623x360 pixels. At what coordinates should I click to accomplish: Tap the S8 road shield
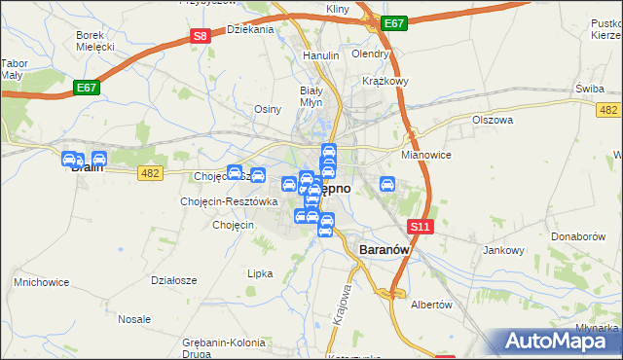pos(200,36)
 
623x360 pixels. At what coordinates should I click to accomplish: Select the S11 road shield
pos(420,226)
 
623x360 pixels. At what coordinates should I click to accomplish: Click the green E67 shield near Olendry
pos(394,22)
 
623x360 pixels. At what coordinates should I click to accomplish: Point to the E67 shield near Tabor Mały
pos(87,88)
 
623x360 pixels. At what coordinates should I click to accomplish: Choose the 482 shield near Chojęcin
pos(150,172)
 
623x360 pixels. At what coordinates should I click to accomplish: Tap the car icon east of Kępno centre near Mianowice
pos(387,183)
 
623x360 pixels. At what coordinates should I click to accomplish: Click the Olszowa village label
pos(492,120)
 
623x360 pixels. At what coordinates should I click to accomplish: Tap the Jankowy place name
pos(503,250)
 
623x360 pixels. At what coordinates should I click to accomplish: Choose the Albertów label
pos(432,305)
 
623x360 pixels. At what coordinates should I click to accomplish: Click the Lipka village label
pos(260,273)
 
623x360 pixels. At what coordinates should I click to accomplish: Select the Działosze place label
pos(174,279)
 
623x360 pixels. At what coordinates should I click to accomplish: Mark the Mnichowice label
pos(39,282)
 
